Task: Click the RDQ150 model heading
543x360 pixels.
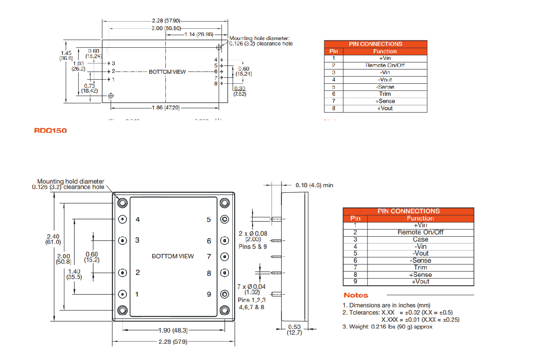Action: (x=50, y=130)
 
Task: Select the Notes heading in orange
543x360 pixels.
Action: (x=356, y=295)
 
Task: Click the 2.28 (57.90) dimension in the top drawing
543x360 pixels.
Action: (x=166, y=21)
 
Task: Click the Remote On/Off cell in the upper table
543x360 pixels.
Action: (x=385, y=65)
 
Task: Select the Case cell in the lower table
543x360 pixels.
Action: (x=420, y=239)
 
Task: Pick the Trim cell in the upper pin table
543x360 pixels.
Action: (x=385, y=94)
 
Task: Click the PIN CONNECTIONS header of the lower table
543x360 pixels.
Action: (x=408, y=211)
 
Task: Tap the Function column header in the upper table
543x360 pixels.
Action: (x=385, y=51)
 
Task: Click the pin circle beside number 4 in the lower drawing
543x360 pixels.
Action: (x=122, y=219)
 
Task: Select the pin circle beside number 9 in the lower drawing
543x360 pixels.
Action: (x=224, y=294)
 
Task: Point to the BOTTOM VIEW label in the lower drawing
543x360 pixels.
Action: (x=173, y=256)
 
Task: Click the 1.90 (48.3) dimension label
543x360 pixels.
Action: (x=173, y=330)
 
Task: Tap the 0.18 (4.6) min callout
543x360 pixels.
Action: (x=314, y=185)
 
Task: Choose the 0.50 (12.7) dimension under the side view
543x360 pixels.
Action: (x=295, y=329)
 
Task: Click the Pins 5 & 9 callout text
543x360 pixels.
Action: (x=253, y=247)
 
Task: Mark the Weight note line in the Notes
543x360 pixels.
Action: (x=387, y=327)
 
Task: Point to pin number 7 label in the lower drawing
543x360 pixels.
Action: (x=209, y=256)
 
